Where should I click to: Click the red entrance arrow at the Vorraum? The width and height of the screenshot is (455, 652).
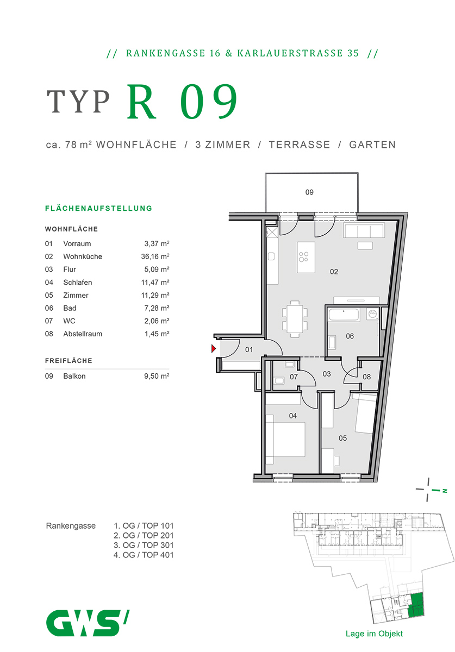tap(214, 349)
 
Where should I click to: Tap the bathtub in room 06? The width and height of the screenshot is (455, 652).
tap(344, 315)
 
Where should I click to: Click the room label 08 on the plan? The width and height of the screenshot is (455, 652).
tap(366, 377)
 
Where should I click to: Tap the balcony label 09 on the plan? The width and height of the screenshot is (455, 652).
tap(309, 192)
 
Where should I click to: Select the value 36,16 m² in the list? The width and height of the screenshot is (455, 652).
tap(155, 256)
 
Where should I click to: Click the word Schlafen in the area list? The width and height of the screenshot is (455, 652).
tap(77, 283)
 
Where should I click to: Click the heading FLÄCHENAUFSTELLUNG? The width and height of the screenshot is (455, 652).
tap(98, 208)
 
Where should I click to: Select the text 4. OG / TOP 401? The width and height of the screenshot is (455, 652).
tap(144, 555)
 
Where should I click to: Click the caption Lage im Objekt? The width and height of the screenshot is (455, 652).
tap(374, 634)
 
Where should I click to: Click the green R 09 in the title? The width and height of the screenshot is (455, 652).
tap(183, 102)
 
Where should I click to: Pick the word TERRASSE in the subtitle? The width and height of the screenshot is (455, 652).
tap(299, 145)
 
